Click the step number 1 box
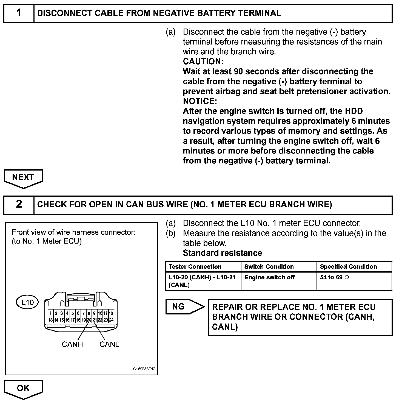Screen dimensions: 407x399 point(19,13)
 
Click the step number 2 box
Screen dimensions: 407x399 point(19,204)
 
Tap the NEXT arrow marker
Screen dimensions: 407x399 point(23,178)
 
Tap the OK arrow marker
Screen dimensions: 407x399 point(23,388)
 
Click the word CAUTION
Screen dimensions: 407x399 point(203,61)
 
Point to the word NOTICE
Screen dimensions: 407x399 point(200,101)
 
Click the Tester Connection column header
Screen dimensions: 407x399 point(195,267)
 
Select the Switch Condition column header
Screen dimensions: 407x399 point(269,267)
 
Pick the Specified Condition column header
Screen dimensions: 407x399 point(348,267)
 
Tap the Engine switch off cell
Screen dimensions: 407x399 point(269,277)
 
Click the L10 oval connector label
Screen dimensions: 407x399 point(27,302)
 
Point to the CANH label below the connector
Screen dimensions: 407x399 point(72,344)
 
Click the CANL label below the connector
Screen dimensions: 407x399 point(109,344)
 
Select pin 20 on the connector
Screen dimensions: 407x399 point(89,320)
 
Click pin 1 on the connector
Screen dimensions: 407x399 point(51,313)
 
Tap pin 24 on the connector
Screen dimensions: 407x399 point(111,320)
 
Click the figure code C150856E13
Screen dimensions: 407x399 point(144,369)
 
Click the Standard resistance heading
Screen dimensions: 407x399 point(222,253)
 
